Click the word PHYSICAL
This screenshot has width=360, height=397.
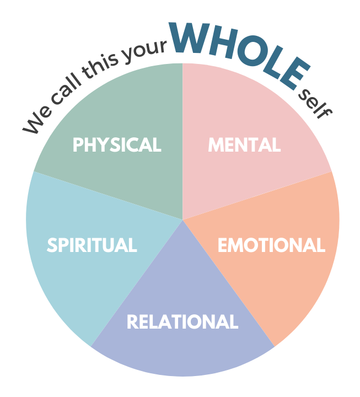coord(117,145)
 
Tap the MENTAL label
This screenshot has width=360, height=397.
coord(244,145)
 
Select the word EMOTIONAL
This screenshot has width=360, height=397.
coord(271,245)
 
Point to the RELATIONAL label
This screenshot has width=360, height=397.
coord(182,322)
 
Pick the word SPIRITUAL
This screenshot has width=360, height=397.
coord(92,245)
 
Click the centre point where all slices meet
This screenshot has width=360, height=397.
coord(182,219)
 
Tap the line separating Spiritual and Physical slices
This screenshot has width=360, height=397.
coord(108,196)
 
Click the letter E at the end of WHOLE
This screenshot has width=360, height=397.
coord(297,77)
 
